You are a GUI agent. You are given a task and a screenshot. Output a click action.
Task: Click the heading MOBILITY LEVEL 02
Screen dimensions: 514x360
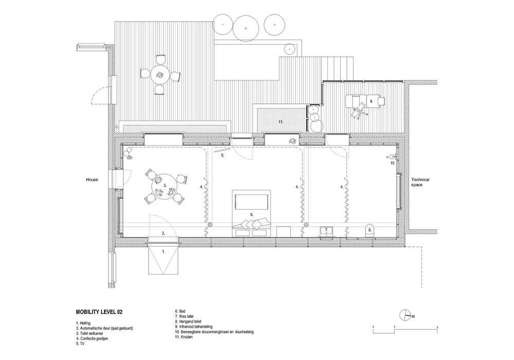99,312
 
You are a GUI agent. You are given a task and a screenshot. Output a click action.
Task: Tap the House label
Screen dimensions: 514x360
92,179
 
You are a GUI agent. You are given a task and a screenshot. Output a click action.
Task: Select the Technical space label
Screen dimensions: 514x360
420,182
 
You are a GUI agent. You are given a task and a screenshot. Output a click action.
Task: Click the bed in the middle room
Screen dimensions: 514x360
251,213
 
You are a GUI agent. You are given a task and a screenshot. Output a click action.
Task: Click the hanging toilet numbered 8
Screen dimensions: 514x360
370,230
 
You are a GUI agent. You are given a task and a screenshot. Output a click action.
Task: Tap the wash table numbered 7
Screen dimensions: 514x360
326,231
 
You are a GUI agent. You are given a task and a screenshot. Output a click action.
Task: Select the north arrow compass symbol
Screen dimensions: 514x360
406,315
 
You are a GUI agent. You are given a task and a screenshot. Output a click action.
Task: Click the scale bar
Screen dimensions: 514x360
405,329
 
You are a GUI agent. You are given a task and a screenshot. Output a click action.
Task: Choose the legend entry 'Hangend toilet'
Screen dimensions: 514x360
188,321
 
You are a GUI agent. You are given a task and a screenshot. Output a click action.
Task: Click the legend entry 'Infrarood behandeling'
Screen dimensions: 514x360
193,327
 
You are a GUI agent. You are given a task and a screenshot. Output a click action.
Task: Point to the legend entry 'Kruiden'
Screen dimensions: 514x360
183,337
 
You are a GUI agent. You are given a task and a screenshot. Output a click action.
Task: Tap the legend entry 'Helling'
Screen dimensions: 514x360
83,323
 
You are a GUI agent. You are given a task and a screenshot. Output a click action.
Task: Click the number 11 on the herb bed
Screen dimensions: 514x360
281,122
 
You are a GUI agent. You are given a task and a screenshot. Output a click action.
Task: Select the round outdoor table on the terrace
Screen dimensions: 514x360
160,75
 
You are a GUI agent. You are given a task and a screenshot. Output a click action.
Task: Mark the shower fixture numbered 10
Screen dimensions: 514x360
393,157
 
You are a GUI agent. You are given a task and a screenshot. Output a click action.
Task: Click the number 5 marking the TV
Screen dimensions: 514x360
222,155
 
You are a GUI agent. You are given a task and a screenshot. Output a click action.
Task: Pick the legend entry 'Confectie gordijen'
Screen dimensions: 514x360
92,339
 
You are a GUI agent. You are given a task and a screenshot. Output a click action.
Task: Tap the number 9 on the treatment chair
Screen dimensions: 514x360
371,101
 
